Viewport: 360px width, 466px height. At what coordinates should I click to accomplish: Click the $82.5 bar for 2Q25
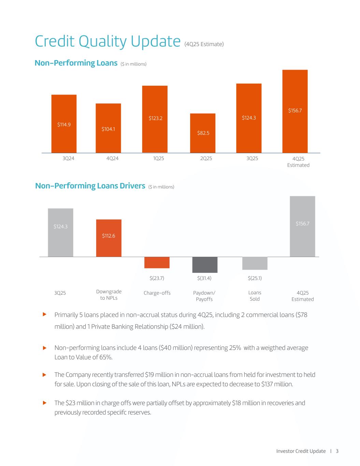202,133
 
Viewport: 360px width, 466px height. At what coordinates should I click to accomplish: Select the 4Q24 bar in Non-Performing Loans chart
108,128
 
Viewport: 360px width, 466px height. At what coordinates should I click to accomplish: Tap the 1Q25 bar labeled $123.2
155,119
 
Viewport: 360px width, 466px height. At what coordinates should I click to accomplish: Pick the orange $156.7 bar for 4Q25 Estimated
295,111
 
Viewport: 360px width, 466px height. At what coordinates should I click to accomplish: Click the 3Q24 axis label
68,158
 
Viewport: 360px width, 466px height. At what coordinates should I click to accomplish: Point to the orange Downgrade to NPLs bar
109,238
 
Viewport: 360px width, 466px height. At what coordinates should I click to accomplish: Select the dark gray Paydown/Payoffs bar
205,265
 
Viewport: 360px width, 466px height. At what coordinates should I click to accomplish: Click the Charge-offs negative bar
157,262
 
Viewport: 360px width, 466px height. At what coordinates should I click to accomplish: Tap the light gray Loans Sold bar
255,263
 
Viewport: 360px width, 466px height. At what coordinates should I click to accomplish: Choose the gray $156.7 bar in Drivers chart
302,226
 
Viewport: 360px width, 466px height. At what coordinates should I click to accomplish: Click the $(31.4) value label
204,278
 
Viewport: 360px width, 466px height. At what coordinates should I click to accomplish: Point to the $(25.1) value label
255,278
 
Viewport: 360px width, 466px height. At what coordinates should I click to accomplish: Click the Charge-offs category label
157,293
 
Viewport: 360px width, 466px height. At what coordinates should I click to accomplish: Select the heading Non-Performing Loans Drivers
90,186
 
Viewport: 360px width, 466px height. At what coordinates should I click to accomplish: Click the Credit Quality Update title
107,42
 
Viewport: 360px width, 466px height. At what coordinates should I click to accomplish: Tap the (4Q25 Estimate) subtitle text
204,44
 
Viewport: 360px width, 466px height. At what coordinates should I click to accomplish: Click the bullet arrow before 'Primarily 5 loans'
44,314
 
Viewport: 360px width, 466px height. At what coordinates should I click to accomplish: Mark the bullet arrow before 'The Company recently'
44,375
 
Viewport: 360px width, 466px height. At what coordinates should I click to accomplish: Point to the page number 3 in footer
337,451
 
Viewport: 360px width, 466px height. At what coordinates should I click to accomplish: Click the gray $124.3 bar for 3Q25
60,232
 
